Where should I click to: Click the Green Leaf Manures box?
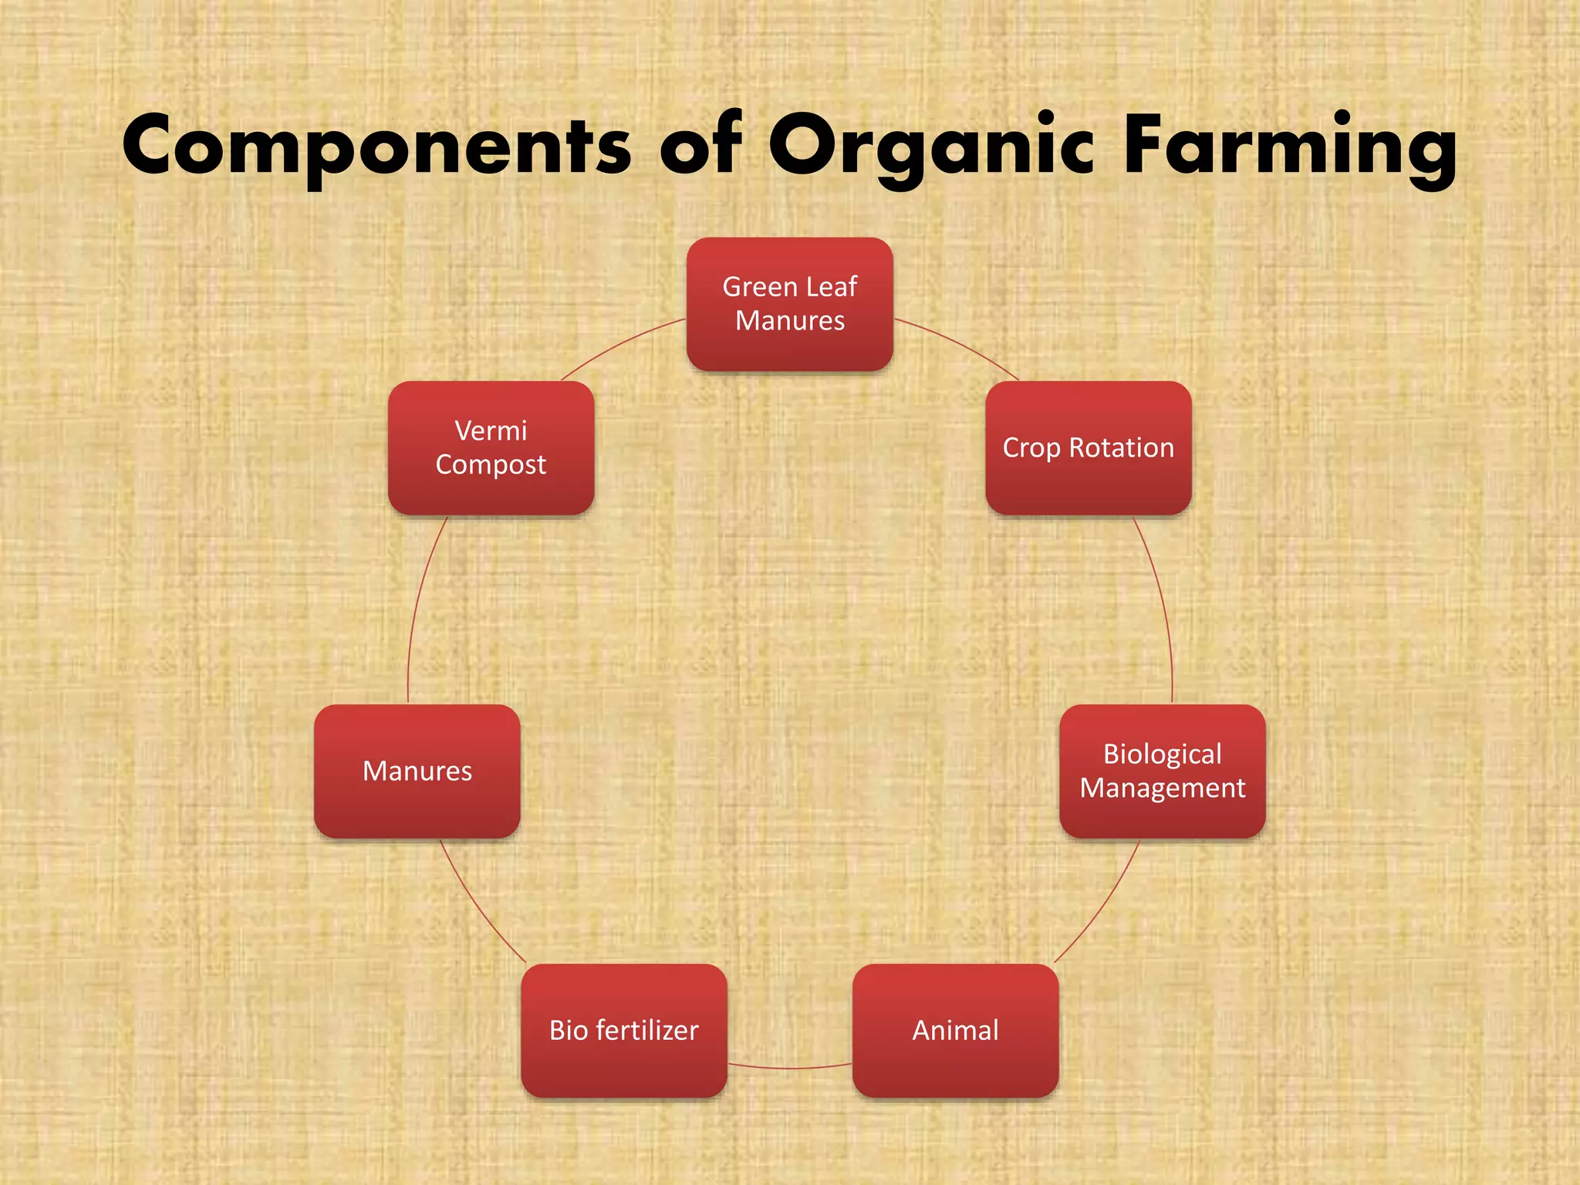pyautogui.click(x=789, y=304)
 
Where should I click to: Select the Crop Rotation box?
pyautogui.click(x=1088, y=448)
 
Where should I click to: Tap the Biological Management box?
pyautogui.click(x=1162, y=771)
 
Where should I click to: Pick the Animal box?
pyautogui.click(x=955, y=1031)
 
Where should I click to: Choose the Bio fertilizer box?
pyautogui.click(x=623, y=1031)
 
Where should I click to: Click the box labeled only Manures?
pyautogui.click(x=417, y=771)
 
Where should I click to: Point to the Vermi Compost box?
pyautogui.click(x=491, y=448)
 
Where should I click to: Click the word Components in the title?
pyautogui.click(x=377, y=147)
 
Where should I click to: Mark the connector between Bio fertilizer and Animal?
pyautogui.click(x=789, y=1069)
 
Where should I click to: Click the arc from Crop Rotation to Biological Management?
pyautogui.click(x=1162, y=609)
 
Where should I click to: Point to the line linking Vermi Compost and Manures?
pyautogui.click(x=417, y=609)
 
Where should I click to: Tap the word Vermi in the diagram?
pyautogui.click(x=491, y=431)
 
